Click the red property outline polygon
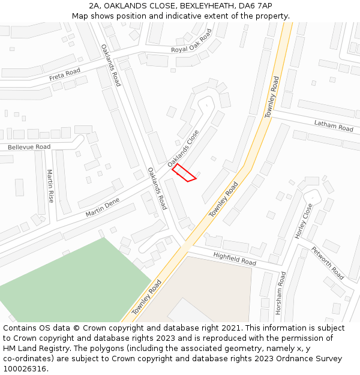click(184, 172)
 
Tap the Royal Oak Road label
click(191, 42)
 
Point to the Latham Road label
click(334, 125)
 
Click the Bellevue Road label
click(29, 146)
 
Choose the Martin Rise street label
click(50, 186)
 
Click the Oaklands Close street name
click(182, 148)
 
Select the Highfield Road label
click(235, 259)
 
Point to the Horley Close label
click(304, 221)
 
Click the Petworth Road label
click(328, 263)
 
